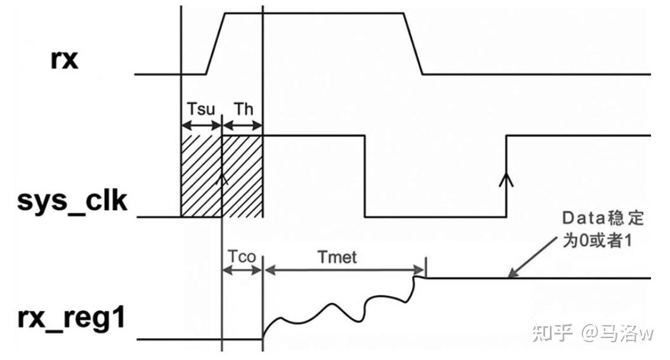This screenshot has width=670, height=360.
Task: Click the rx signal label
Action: tap(64, 60)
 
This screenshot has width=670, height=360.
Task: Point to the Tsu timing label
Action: tap(201, 110)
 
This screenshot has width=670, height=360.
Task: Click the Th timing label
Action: tap(243, 110)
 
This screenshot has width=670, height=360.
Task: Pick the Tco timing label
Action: tap(241, 257)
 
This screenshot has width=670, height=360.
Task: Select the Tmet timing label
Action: tap(337, 257)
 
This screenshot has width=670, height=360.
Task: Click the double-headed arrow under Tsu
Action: tap(201, 126)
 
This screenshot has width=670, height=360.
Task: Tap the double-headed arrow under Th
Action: tap(242, 126)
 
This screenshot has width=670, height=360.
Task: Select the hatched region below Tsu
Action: tap(201, 175)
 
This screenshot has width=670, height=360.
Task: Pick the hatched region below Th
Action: tap(242, 175)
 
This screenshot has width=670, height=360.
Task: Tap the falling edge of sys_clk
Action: tap(365, 176)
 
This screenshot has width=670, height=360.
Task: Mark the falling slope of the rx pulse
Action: tap(413, 44)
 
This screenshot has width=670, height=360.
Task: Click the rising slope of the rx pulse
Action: tap(215, 44)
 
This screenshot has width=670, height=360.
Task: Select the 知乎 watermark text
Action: tap(552, 333)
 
